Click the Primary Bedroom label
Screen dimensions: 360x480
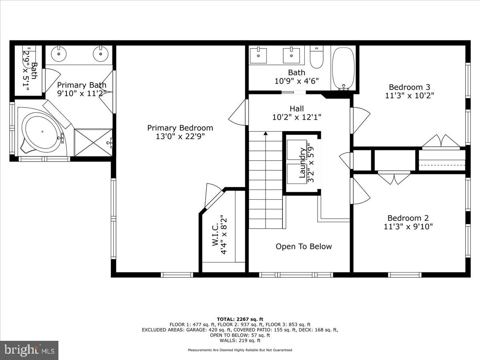click(x=180, y=128)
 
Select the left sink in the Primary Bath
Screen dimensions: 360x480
click(x=59, y=53)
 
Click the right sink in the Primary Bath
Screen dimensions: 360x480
click(x=99, y=53)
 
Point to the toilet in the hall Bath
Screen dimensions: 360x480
click(x=316, y=57)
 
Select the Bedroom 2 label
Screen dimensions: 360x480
click(x=408, y=218)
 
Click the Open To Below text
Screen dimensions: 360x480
click(x=304, y=246)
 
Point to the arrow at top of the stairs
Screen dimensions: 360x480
click(x=266, y=134)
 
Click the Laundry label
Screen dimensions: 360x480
click(x=302, y=163)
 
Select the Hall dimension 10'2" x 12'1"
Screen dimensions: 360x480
click(x=297, y=117)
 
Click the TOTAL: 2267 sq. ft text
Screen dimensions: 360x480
click(x=240, y=319)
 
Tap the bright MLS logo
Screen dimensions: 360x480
click(x=29, y=350)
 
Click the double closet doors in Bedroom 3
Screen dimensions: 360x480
click(x=441, y=141)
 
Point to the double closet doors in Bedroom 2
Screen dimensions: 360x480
click(x=394, y=178)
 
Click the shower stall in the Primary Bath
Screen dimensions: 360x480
click(x=94, y=142)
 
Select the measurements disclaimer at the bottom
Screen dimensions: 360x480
click(x=240, y=350)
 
